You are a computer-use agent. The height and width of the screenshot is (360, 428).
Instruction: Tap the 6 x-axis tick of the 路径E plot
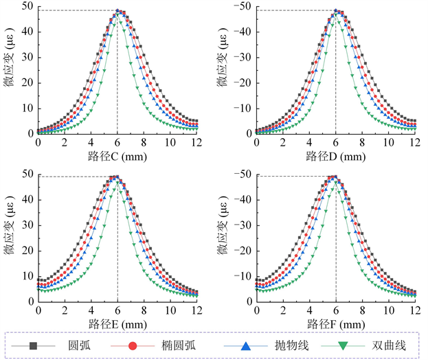point(117,307)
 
